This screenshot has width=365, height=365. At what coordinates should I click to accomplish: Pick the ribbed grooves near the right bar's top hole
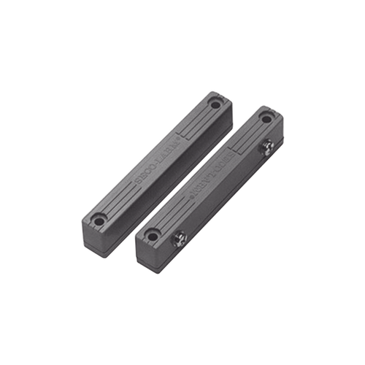pyautogui.click(x=248, y=134)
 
